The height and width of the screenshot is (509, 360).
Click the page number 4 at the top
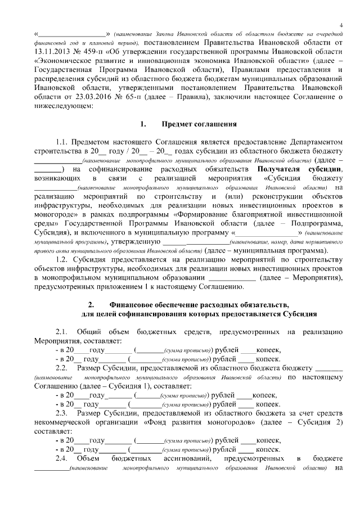341,24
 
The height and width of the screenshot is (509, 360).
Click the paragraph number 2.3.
62,413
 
